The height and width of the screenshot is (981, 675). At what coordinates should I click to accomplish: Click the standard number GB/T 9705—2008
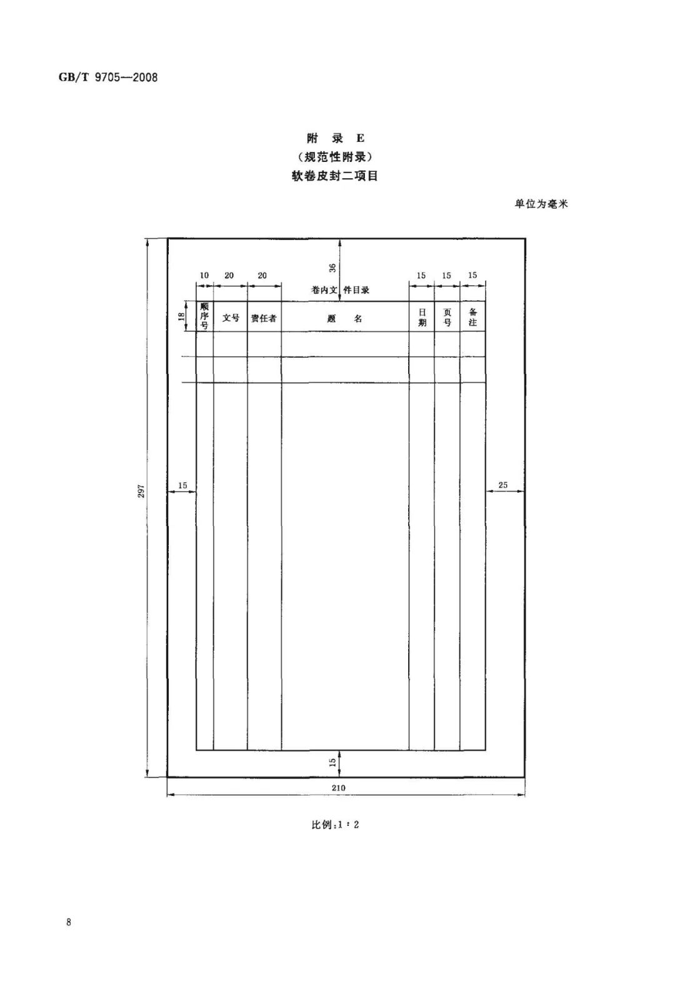[107, 78]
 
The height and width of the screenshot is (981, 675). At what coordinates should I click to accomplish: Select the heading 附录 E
[335, 138]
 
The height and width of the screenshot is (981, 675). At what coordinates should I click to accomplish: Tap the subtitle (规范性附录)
[335, 156]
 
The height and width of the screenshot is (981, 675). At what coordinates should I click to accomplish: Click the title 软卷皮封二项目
[335, 176]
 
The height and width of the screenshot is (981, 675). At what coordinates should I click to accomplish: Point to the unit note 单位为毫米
[541, 204]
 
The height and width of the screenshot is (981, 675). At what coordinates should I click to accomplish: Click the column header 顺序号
[204, 316]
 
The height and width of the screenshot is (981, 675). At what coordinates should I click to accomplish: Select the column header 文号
[230, 318]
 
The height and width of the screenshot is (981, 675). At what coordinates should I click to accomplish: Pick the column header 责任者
[264, 318]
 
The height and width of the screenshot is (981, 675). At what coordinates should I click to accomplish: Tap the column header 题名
[345, 318]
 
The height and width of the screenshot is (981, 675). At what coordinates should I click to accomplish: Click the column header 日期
[422, 317]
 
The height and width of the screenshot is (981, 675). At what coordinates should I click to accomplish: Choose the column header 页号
[447, 317]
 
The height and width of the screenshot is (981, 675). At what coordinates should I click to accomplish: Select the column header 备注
[472, 317]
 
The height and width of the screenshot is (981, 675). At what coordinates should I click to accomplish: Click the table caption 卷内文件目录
[340, 290]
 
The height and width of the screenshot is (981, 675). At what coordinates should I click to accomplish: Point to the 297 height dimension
[141, 491]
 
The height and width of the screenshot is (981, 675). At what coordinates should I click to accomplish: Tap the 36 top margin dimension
[332, 268]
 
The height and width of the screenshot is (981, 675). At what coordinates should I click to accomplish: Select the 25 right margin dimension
[503, 485]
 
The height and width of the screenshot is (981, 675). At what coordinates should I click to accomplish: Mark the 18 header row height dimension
[181, 316]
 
